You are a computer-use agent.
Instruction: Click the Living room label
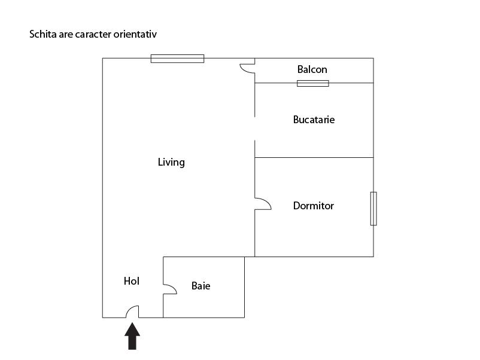[171, 162]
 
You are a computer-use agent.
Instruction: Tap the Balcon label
[312, 69]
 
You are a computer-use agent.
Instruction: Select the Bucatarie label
[314, 119]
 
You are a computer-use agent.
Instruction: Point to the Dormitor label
[313, 206]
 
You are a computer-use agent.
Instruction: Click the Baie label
[201, 286]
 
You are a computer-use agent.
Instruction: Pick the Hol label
[132, 281]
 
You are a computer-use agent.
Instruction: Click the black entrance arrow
[132, 336]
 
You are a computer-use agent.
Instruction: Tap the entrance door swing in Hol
[132, 312]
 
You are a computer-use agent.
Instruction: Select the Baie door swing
[170, 289]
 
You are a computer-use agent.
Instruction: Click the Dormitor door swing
[263, 204]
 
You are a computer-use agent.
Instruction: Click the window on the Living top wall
[177, 59]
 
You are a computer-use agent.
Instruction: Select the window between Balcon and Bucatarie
[313, 83]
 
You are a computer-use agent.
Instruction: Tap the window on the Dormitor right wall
[373, 209]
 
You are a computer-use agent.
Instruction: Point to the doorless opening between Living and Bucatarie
[255, 129]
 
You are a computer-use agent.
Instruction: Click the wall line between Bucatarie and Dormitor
[314, 157]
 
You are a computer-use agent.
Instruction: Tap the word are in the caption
[66, 35]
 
